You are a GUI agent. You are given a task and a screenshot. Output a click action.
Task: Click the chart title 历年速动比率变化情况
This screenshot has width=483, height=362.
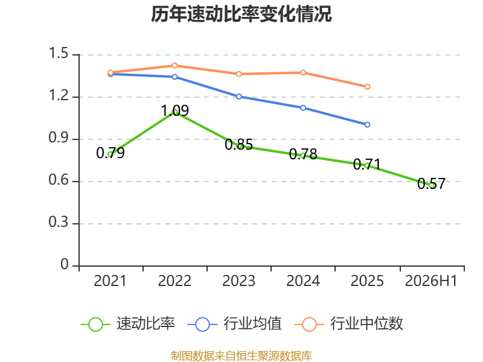pyautogui.click(x=241, y=14)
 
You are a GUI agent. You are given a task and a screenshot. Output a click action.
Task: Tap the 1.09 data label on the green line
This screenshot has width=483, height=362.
pyautogui.click(x=174, y=110)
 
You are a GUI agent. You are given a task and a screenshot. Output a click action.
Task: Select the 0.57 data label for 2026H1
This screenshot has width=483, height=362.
pyautogui.click(x=431, y=184)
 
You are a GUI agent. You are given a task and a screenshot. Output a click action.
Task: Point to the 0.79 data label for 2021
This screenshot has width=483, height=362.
pyautogui.click(x=110, y=153)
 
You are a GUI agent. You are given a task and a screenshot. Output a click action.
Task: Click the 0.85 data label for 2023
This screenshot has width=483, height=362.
pyautogui.click(x=238, y=145)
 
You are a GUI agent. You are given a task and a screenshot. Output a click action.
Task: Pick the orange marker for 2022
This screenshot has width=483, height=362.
pyautogui.click(x=174, y=66)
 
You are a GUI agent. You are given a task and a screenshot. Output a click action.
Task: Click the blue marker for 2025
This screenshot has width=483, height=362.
pyautogui.click(x=367, y=125)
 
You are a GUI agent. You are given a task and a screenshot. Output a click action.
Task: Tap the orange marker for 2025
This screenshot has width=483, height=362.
pyautogui.click(x=367, y=87)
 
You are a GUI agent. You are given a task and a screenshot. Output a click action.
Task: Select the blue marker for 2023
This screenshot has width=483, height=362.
pyautogui.click(x=238, y=97)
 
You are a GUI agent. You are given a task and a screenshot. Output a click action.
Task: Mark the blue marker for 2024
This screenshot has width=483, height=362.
pyautogui.click(x=303, y=108)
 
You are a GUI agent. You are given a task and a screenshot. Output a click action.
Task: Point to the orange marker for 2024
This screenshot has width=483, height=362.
pyautogui.click(x=303, y=72)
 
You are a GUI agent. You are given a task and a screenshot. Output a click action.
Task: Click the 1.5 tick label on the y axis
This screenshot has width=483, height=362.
pyautogui.click(x=59, y=53)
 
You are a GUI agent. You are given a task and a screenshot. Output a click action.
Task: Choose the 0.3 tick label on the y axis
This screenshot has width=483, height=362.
pyautogui.click(x=59, y=222)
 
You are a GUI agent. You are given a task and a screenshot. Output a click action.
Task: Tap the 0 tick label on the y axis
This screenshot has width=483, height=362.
pyautogui.click(x=65, y=264)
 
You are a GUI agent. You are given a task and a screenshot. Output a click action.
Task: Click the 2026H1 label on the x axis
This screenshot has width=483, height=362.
pyautogui.click(x=431, y=281)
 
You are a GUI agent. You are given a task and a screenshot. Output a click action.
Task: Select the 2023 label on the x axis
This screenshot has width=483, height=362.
pyautogui.click(x=238, y=281)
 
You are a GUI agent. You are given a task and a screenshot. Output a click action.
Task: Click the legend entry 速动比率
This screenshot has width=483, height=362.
pyautogui.click(x=127, y=324)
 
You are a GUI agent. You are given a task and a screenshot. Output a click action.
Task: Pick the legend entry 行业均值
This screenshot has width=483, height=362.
pyautogui.click(x=234, y=324)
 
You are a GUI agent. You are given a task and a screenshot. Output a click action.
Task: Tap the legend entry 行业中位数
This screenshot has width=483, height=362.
pyautogui.click(x=349, y=324)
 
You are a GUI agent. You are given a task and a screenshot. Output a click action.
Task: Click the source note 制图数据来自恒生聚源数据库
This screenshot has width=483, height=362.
pyautogui.click(x=241, y=356)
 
